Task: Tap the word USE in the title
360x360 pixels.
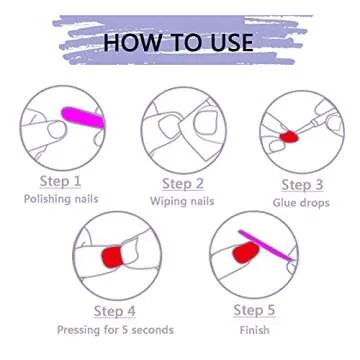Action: pyautogui.click(x=228, y=42)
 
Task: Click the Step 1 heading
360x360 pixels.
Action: pyautogui.click(x=60, y=182)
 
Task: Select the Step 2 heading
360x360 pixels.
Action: pyautogui.click(x=183, y=184)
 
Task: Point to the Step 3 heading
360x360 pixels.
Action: pyautogui.click(x=302, y=185)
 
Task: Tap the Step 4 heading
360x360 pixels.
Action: pyautogui.click(x=115, y=311)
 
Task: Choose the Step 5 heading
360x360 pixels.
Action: pyautogui.click(x=254, y=310)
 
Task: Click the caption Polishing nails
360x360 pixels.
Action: pyautogui.click(x=61, y=199)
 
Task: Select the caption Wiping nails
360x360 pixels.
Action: pyautogui.click(x=182, y=201)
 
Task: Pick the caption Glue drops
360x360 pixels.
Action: pyautogui.click(x=301, y=203)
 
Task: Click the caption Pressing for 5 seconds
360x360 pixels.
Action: pyautogui.click(x=115, y=330)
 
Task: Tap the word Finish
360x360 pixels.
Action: pyautogui.click(x=254, y=330)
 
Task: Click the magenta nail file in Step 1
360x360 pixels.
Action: pyautogui.click(x=84, y=117)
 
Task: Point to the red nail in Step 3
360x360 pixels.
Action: pyautogui.click(x=289, y=137)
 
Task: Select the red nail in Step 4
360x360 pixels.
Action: pyautogui.click(x=112, y=257)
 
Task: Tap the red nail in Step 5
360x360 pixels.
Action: pyautogui.click(x=246, y=252)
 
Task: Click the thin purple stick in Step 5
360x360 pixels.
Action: pyautogui.click(x=267, y=246)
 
